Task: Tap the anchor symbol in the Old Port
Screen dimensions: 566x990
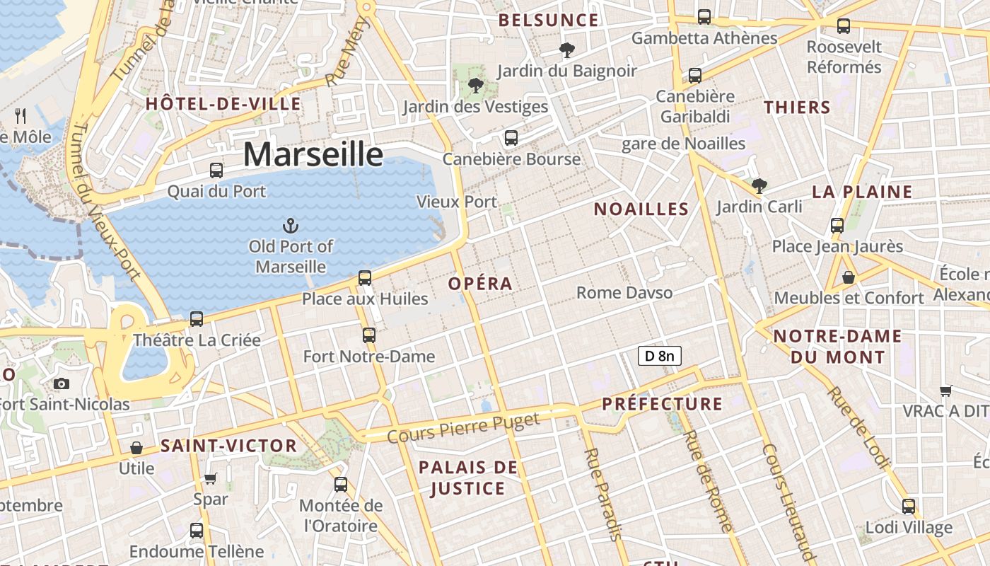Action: (290, 226)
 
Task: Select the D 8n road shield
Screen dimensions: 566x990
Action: (659, 356)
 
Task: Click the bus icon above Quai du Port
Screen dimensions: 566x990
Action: (216, 171)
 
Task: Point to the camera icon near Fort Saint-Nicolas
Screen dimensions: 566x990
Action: (62, 383)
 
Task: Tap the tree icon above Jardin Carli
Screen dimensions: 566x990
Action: (759, 186)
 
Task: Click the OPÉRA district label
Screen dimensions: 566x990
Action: (480, 284)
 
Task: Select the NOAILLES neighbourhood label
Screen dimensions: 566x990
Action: (641, 209)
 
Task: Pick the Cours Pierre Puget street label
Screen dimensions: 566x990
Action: (464, 427)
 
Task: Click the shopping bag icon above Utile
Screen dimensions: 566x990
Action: (136, 448)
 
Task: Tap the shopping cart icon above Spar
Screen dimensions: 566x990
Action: (210, 478)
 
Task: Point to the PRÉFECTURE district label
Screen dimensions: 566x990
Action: (662, 404)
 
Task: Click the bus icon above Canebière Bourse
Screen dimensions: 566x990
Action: (511, 138)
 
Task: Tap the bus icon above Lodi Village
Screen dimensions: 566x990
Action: (909, 507)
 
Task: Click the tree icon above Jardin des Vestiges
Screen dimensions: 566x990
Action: (475, 86)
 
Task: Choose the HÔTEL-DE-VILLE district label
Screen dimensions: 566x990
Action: (223, 104)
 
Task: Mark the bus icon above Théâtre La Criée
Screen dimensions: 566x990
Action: (197, 319)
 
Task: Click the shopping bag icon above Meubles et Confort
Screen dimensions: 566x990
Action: (848, 277)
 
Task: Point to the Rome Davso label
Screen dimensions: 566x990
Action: (624, 292)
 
